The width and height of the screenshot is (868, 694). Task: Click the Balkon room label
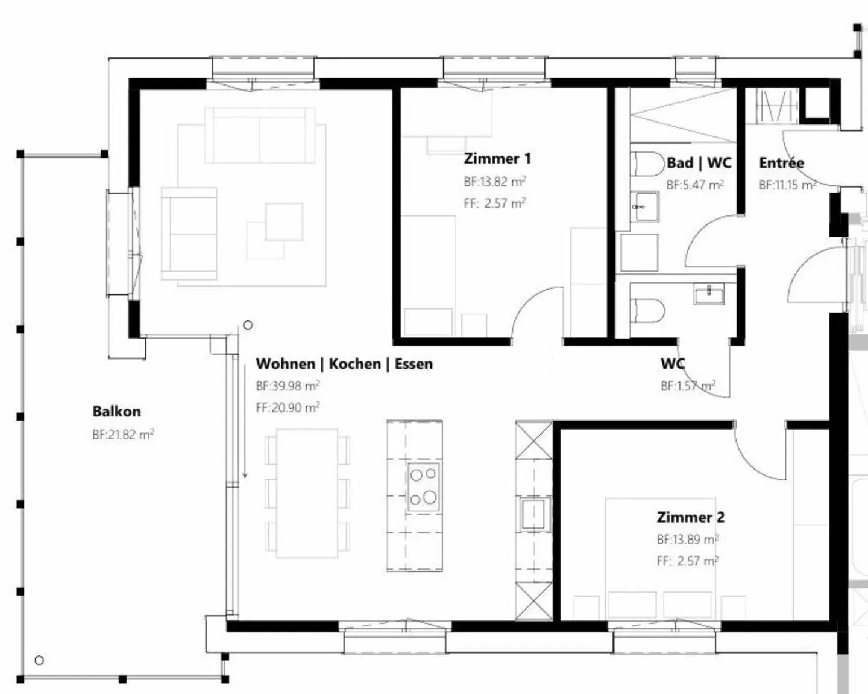(116, 412)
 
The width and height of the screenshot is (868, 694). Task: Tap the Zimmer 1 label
(497, 159)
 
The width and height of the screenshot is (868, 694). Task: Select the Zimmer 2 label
(690, 517)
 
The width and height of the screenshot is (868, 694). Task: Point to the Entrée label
(781, 163)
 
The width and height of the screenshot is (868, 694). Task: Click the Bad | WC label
(699, 163)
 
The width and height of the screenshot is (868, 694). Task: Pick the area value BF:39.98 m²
(288, 386)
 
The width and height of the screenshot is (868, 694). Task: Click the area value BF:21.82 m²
(123, 435)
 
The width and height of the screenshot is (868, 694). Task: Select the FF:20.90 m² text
(288, 408)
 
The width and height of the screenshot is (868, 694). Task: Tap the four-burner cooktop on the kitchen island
(423, 487)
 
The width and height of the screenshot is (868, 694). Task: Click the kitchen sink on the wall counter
(534, 514)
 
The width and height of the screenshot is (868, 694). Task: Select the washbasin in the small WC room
(708, 294)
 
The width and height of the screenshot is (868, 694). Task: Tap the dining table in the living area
(307, 493)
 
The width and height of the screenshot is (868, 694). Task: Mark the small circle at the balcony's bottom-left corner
(39, 660)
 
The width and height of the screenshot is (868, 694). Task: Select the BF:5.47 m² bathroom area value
(695, 185)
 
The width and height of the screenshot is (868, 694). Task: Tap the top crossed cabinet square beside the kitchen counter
(534, 440)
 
